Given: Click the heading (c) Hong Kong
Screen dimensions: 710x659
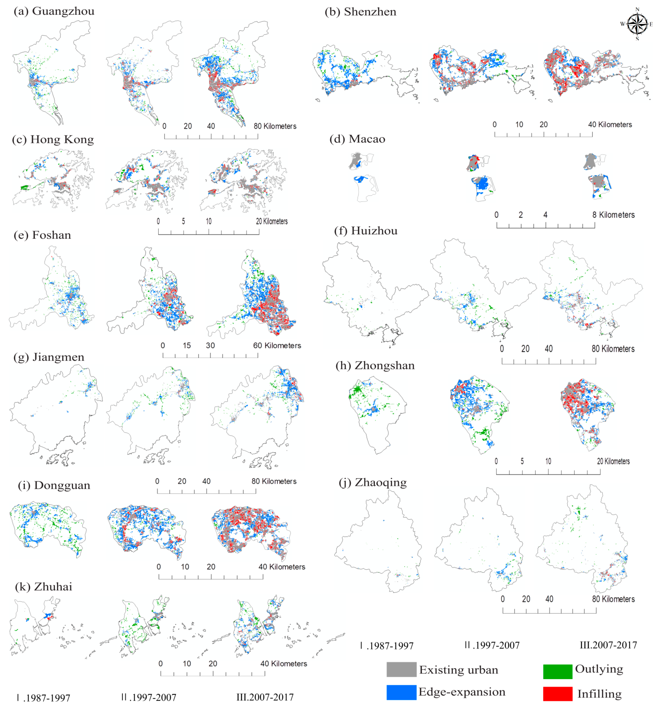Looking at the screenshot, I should [x=53, y=139].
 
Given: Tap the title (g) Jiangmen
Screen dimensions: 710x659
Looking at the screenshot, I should [x=49, y=357].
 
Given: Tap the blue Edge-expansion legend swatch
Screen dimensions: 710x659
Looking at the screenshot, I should [x=401, y=692].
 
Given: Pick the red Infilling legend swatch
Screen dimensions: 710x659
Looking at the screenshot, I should [x=557, y=694].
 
